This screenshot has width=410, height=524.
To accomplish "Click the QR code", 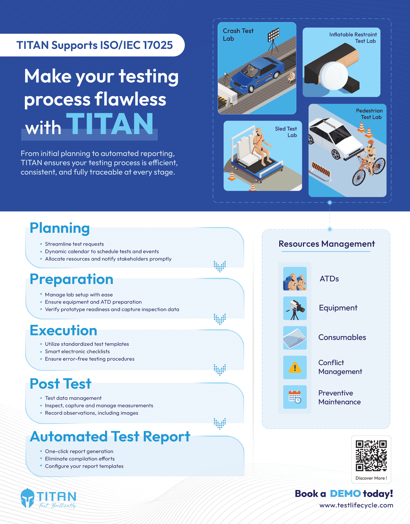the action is click(371, 456).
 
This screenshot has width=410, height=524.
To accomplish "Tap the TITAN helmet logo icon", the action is click(27, 498).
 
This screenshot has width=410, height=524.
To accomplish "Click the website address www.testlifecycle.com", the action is click(356, 505).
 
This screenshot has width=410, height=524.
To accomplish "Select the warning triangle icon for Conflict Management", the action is click(295, 368).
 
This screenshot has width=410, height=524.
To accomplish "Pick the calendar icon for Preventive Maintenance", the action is click(295, 397).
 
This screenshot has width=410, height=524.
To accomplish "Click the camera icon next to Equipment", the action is click(295, 308).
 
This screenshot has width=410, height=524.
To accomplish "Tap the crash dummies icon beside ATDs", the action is click(295, 279).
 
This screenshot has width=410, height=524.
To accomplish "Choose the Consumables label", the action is click(342, 337).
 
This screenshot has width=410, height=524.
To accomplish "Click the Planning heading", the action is click(60, 228).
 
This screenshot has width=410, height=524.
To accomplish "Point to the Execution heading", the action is click(63, 330).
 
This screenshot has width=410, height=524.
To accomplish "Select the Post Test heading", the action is click(60, 384).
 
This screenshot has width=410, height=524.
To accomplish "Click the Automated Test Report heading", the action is click(110, 437).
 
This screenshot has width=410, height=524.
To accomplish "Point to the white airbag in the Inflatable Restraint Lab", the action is click(334, 76).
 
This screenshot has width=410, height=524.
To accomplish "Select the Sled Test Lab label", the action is click(286, 132).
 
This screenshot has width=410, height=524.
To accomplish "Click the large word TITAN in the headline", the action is click(110, 124).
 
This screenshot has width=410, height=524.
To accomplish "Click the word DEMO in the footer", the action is click(345, 493).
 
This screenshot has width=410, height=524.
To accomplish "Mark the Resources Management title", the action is click(327, 244).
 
